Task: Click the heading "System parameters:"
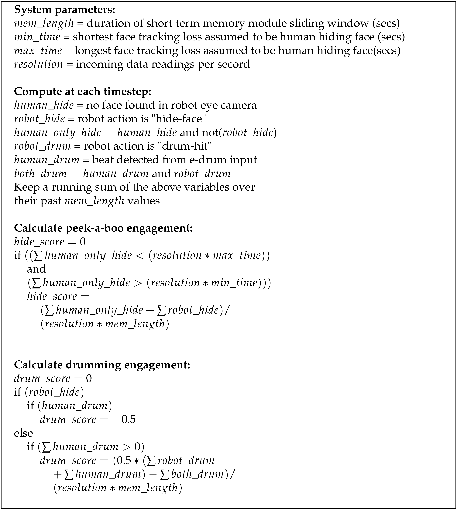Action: (65, 10)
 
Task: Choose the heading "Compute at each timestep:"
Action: (83, 92)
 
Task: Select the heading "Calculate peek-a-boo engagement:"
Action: (103, 228)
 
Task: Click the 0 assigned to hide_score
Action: (83, 242)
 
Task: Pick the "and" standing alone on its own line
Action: (36, 269)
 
